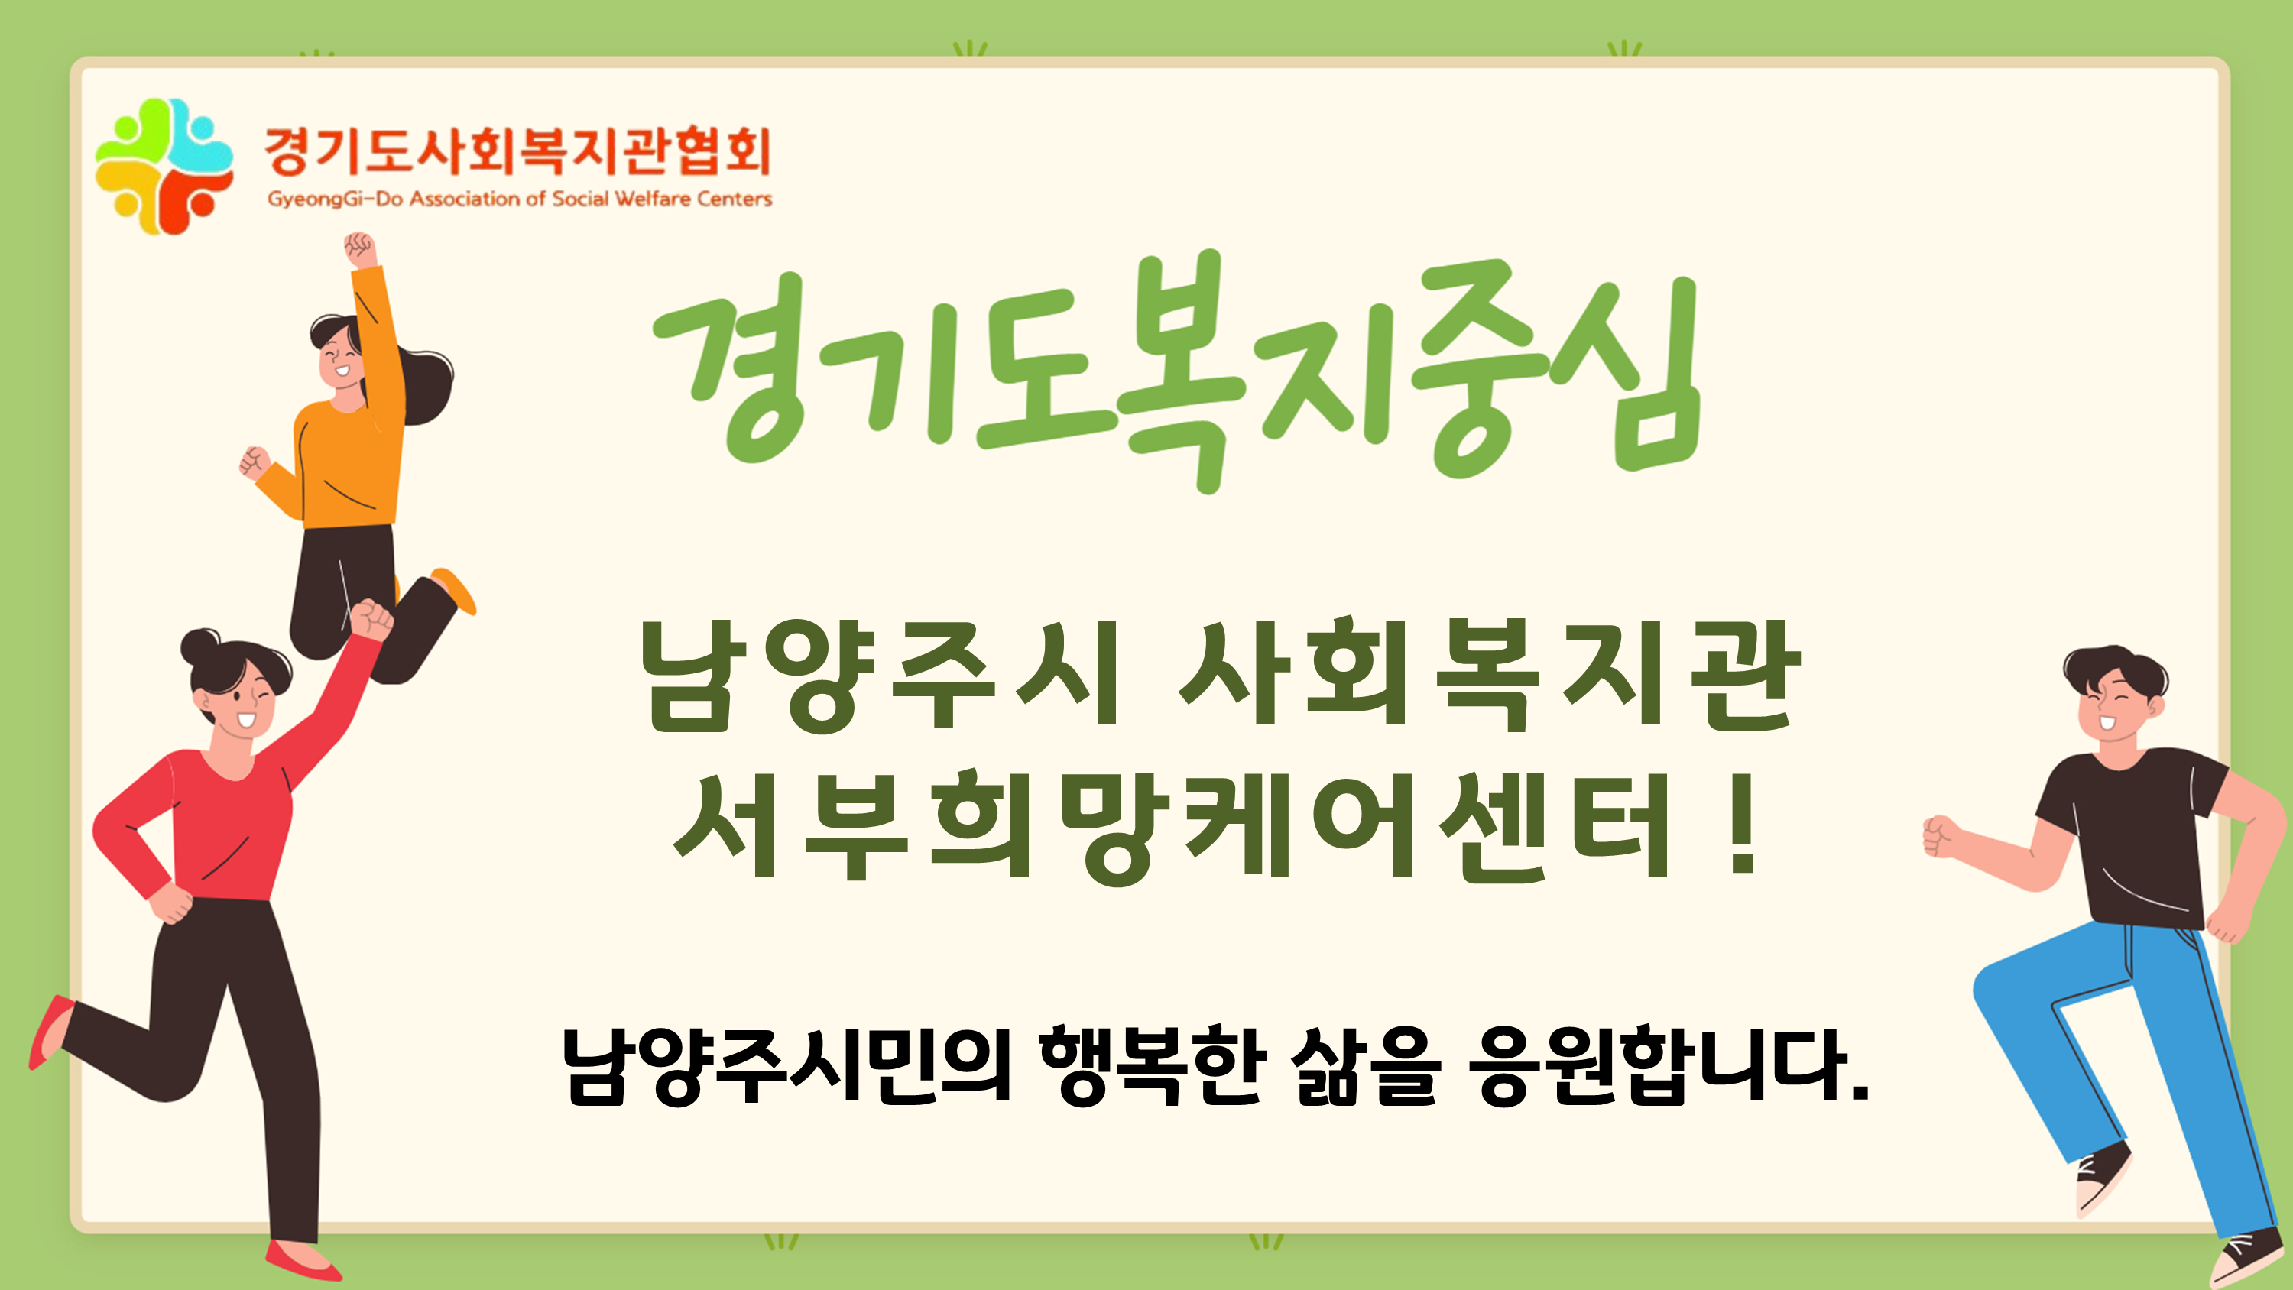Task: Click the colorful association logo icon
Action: pyautogui.click(x=164, y=167)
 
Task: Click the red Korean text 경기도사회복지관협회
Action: pyautogui.click(x=518, y=151)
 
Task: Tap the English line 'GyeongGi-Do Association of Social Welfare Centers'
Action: pyautogui.click(x=520, y=199)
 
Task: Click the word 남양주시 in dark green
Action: pyautogui.click(x=880, y=675)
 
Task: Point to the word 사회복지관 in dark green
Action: pyautogui.click(x=1489, y=674)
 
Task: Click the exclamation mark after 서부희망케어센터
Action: pyautogui.click(x=1742, y=824)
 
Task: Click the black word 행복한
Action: pyautogui.click(x=1153, y=1065)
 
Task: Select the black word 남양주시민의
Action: pyautogui.click(x=788, y=1065)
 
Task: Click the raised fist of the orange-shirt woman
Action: pyautogui.click(x=359, y=248)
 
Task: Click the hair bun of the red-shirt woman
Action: pyautogui.click(x=200, y=647)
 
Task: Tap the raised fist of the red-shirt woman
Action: pyautogui.click(x=372, y=620)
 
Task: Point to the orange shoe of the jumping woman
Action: pyautogui.click(x=454, y=589)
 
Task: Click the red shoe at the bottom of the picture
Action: pyautogui.click(x=303, y=1262)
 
